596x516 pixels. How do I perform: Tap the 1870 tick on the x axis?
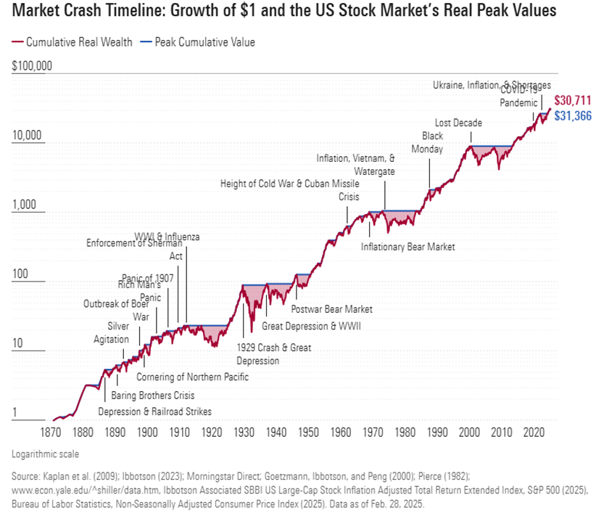[51, 433]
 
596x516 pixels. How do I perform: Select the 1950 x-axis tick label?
[308, 433]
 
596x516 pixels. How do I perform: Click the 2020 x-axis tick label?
[533, 433]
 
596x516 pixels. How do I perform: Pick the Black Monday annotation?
[432, 142]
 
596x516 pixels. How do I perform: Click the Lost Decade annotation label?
[458, 123]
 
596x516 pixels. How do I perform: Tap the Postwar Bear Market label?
[331, 308]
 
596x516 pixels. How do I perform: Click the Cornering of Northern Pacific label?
[192, 377]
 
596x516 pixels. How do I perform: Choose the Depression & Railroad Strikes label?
[155, 411]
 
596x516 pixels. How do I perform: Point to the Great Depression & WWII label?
[311, 326]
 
